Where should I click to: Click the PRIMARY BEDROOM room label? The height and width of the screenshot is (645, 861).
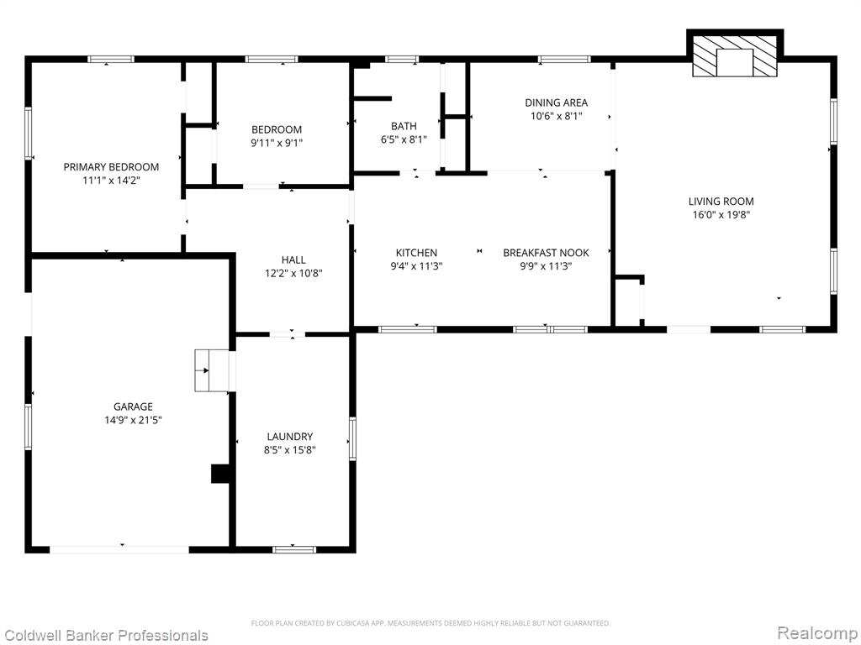[x=111, y=167]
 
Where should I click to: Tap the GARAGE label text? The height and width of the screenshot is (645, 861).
[x=133, y=406]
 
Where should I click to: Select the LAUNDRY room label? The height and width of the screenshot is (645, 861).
[x=290, y=437]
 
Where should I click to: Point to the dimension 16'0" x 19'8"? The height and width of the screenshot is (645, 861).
[x=721, y=215]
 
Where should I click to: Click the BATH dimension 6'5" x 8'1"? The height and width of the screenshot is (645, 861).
[x=404, y=140]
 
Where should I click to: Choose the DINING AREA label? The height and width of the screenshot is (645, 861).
[x=557, y=102]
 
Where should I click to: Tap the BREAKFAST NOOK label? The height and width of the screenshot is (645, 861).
[x=546, y=253]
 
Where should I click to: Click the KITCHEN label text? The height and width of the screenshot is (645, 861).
[x=417, y=253]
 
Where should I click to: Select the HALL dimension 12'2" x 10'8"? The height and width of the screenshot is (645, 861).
[x=293, y=273]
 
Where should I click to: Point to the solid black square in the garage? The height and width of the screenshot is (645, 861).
[x=220, y=474]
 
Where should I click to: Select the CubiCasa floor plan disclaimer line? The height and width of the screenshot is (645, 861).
[x=430, y=623]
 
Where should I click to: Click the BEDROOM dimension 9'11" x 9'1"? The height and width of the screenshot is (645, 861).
[x=277, y=143]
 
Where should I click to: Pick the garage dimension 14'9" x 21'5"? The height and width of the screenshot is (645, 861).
[x=133, y=421]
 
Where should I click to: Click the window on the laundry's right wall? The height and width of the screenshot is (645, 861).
[x=352, y=438]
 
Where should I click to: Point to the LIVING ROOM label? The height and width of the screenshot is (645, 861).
[x=721, y=202]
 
